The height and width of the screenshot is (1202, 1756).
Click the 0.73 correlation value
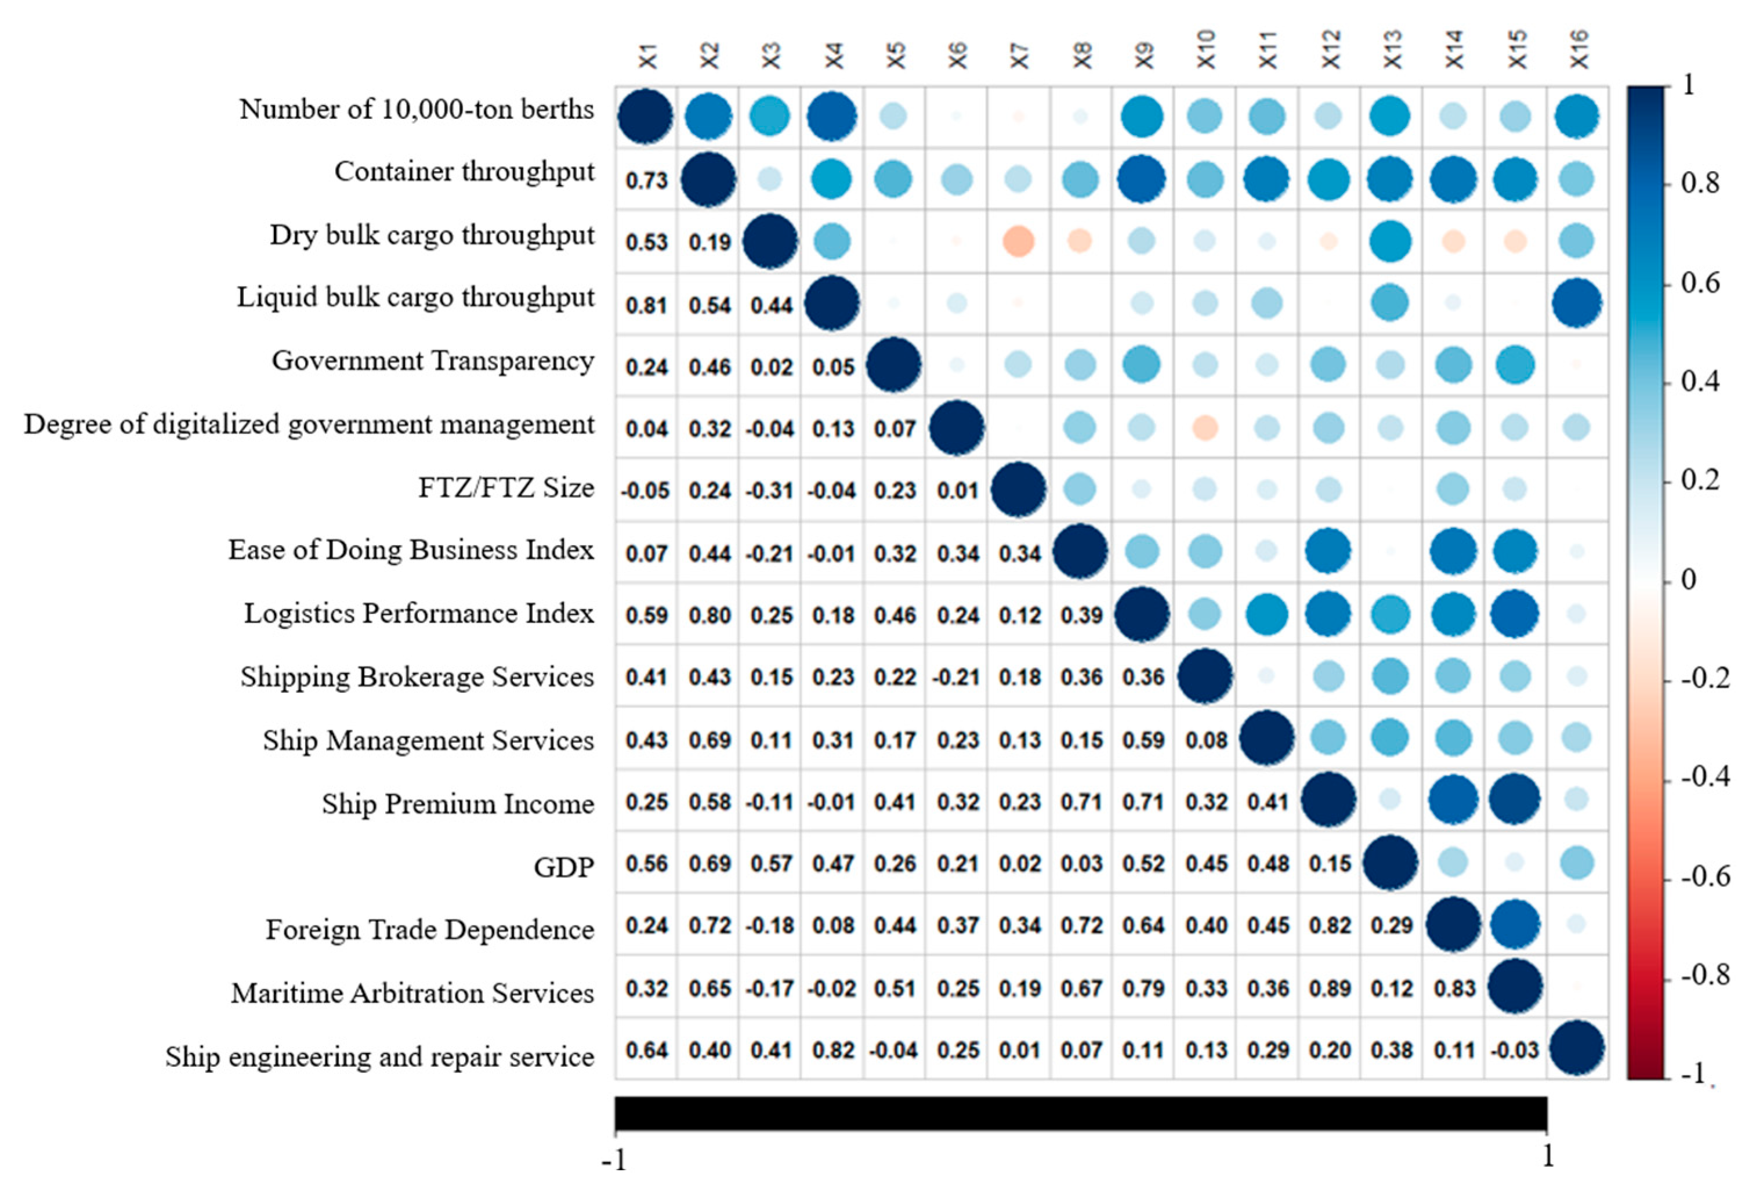(647, 180)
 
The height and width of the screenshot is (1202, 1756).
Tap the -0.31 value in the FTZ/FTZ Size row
(771, 491)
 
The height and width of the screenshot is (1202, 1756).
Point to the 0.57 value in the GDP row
(771, 864)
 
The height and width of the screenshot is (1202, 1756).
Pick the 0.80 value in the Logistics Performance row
(709, 615)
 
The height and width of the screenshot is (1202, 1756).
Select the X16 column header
(1578, 50)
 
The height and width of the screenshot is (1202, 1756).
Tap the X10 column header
(1206, 50)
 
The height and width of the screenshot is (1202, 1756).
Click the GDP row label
(564, 867)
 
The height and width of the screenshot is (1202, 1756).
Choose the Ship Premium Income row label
(457, 804)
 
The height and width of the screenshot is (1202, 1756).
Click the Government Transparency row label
(433, 361)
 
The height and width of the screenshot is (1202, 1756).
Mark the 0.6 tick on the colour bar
(1700, 283)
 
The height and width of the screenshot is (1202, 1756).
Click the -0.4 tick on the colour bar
(1704, 777)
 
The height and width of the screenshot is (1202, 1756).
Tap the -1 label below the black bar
(614, 1158)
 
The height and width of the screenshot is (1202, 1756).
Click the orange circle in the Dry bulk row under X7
(1019, 242)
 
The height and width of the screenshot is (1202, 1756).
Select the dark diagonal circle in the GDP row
(1391, 863)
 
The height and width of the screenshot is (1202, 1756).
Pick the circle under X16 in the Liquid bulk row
(1577, 304)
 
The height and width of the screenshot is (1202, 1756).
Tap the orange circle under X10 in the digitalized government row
(1206, 428)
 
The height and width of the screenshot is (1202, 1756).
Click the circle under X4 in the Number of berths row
(832, 117)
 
